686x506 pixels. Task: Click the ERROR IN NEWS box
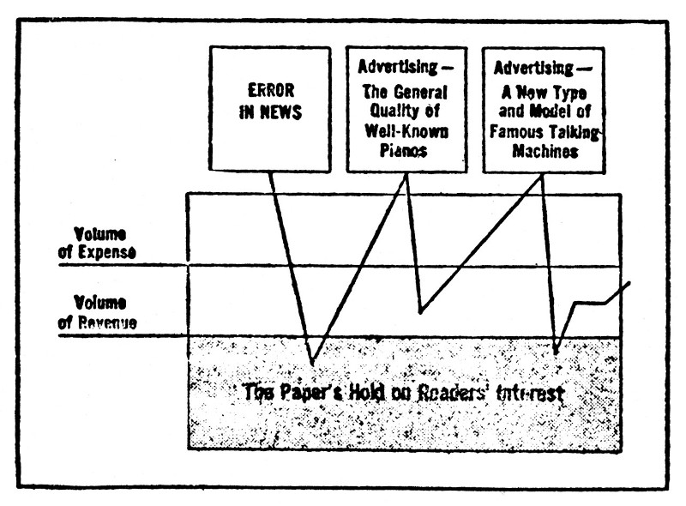[x=269, y=107]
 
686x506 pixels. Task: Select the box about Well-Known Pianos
[x=406, y=107]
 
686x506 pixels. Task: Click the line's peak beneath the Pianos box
[x=406, y=175]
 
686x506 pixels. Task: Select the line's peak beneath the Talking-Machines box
[x=544, y=175]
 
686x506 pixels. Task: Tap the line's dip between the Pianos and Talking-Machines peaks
[x=420, y=312]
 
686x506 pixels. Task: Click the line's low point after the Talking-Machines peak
[x=557, y=352]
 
